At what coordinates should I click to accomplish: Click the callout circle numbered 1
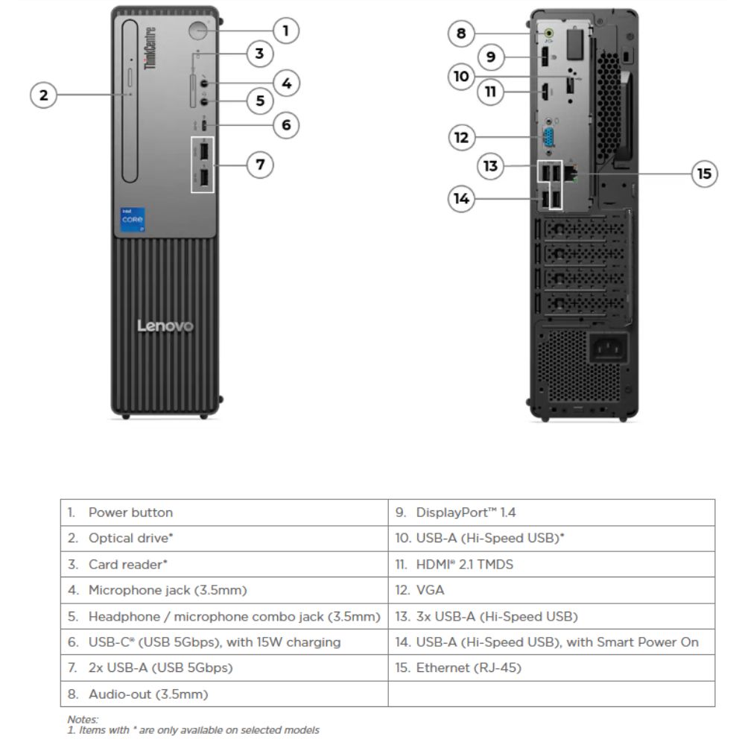pos(285,31)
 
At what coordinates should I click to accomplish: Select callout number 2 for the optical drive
pos(43,95)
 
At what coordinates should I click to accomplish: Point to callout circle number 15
pos(703,174)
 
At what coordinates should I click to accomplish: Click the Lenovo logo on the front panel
pos(165,326)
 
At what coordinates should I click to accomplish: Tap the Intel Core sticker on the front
pos(133,221)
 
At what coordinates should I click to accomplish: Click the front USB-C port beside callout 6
pos(203,124)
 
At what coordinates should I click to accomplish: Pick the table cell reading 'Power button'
pos(130,513)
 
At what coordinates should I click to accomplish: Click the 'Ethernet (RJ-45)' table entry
pos(458,668)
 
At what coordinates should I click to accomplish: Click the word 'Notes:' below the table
pos(83,719)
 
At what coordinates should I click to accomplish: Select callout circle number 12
pos(462,137)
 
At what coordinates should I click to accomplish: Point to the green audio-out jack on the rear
pos(550,33)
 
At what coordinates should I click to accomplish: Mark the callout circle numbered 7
pos(260,164)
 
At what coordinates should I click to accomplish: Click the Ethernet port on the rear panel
pos(572,173)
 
